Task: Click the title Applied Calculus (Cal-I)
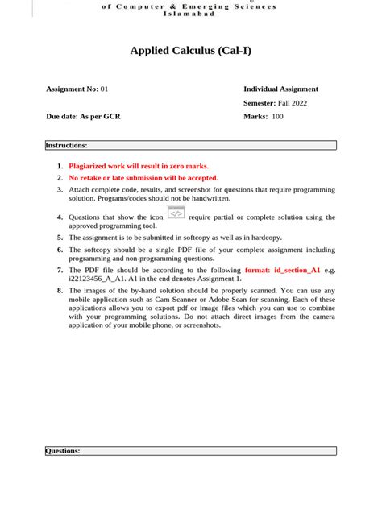coord(191,51)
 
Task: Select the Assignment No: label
coord(73,89)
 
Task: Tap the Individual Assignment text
coord(280,89)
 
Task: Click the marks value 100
coord(277,116)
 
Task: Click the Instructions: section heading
coord(66,145)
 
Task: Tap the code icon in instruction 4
coord(176,213)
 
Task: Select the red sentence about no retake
coord(143,177)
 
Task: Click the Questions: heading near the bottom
coord(63,451)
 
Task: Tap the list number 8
coord(60,290)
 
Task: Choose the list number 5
coord(60,238)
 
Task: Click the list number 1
coord(60,166)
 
